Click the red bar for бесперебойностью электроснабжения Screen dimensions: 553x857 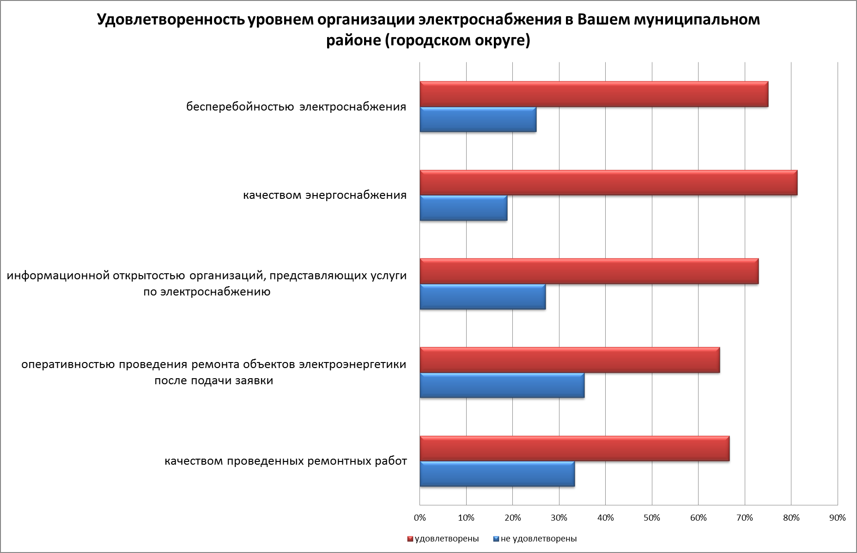tap(594, 94)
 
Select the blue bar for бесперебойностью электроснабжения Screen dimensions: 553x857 tap(478, 120)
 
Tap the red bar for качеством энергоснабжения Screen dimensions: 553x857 tap(608, 183)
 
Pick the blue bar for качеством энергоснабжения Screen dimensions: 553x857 tap(463, 208)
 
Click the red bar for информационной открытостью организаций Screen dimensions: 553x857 tap(589, 271)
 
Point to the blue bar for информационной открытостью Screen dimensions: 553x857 tap(482, 297)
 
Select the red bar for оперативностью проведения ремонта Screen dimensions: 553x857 tap(570, 360)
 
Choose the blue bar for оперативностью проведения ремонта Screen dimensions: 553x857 tap(502, 385)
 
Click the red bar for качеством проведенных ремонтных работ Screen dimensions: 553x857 tap(574, 449)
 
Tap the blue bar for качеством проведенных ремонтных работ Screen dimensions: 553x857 tap(497, 474)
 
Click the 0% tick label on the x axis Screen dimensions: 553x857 tap(419, 518)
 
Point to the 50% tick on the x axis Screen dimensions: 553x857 tap(652, 518)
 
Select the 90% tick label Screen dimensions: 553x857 tap(838, 518)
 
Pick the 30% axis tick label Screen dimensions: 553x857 tap(559, 518)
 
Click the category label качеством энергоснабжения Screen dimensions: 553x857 tap(325, 195)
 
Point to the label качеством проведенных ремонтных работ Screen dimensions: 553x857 tap(286, 461)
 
